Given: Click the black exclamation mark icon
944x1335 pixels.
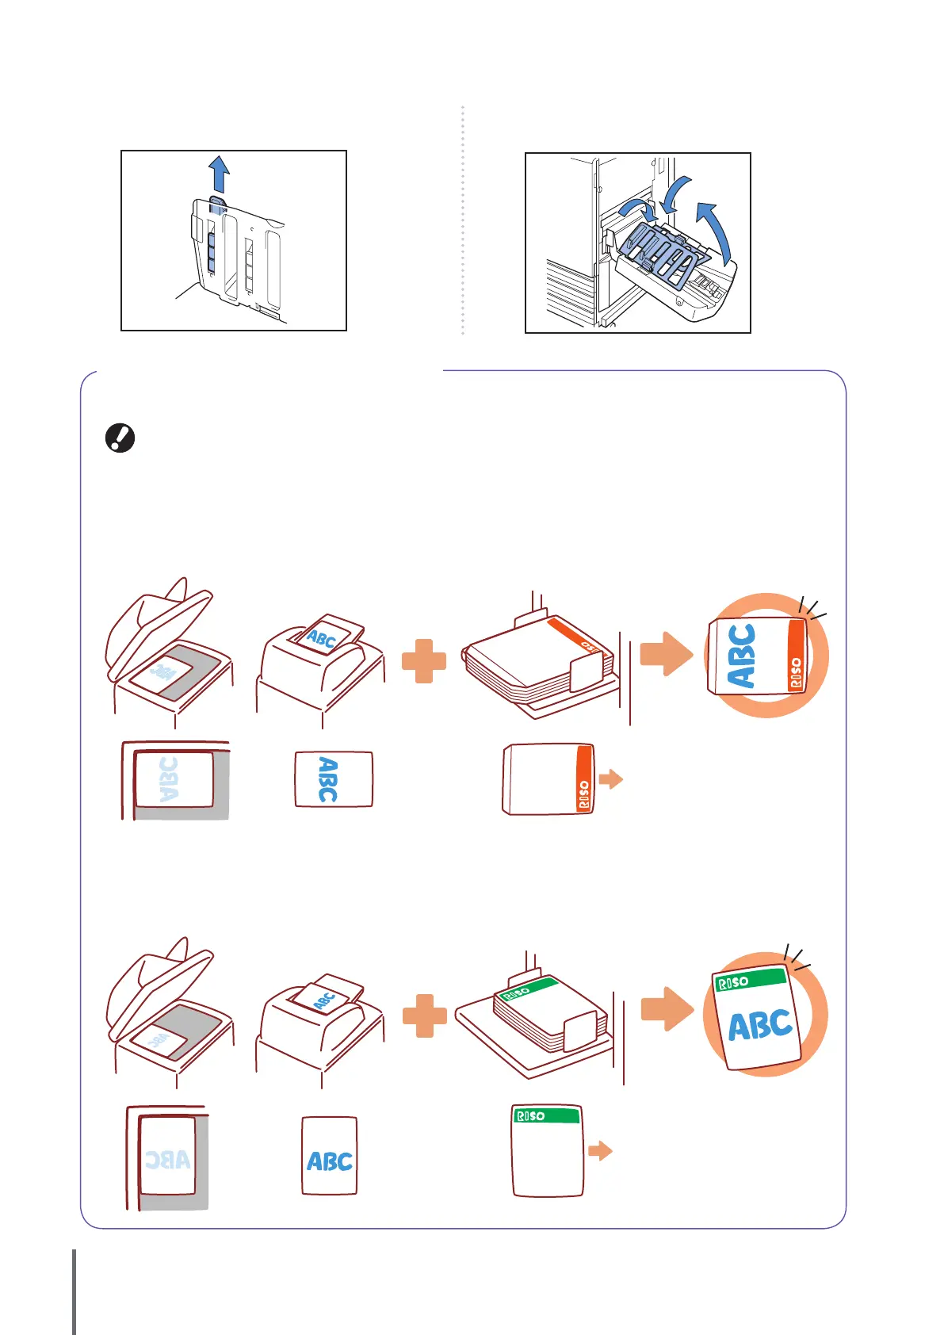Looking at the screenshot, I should [x=120, y=438].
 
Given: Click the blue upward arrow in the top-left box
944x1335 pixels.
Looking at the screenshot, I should [x=220, y=175].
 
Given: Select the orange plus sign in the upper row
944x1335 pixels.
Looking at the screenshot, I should [x=424, y=660].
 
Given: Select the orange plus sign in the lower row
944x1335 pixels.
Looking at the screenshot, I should [x=425, y=1016].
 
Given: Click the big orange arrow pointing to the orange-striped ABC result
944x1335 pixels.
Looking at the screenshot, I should [x=667, y=654].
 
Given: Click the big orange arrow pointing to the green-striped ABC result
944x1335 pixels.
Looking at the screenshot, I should [x=667, y=1008].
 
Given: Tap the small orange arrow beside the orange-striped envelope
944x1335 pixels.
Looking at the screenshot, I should [x=611, y=779].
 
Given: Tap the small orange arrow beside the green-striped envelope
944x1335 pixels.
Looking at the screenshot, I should [x=601, y=1150].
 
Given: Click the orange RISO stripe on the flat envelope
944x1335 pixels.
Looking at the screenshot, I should [x=585, y=779].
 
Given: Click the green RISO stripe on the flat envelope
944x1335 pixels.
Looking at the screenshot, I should [x=547, y=1115].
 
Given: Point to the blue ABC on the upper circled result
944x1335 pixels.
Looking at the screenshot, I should [x=742, y=656].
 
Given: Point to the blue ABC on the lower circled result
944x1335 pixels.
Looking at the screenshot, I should [x=760, y=1026].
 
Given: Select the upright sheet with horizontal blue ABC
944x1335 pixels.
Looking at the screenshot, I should [x=330, y=1162].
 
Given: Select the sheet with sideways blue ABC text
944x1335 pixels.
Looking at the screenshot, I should [x=333, y=779].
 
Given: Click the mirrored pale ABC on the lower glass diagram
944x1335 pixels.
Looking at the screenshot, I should [x=167, y=1161].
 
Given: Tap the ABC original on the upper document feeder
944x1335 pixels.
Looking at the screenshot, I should [x=322, y=639].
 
